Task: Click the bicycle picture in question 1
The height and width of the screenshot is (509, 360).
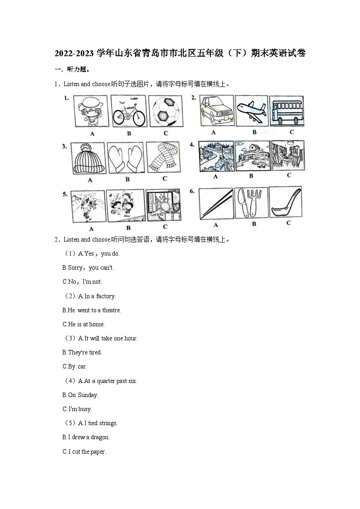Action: click(x=128, y=111)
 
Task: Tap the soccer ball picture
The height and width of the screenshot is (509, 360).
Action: click(x=165, y=111)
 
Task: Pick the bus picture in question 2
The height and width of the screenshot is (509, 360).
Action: click(x=287, y=111)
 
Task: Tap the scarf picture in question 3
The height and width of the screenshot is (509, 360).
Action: click(x=164, y=157)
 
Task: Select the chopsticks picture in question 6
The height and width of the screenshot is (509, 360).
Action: click(x=216, y=204)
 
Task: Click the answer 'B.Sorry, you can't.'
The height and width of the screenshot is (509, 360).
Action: click(x=88, y=268)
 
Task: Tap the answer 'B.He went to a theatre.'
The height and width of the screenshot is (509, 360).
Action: click(x=92, y=310)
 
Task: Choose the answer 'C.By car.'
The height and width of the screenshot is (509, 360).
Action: click(x=75, y=367)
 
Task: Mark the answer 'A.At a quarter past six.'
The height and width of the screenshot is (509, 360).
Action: click(x=107, y=381)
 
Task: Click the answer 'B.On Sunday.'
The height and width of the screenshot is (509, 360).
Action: click(x=80, y=395)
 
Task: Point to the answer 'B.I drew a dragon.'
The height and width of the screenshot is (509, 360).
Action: click(x=86, y=437)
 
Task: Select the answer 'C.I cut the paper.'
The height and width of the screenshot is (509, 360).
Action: click(x=84, y=452)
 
